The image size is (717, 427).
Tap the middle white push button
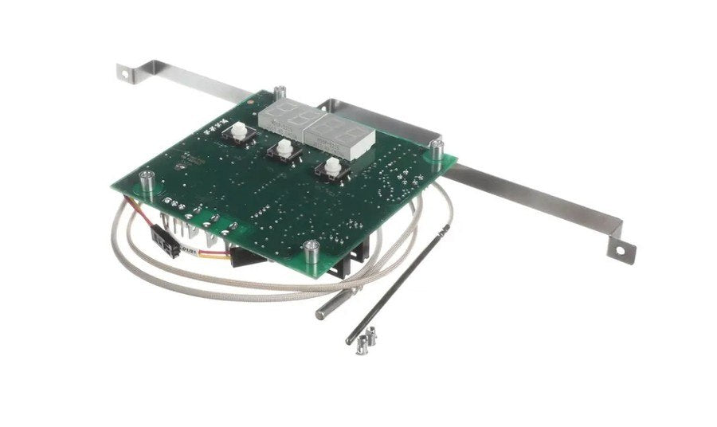point(282,149)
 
